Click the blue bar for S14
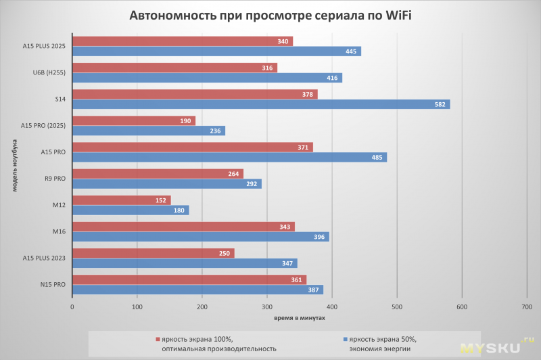(x=260, y=104)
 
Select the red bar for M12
(x=121, y=200)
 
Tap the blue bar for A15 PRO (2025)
(x=148, y=131)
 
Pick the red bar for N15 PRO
(x=189, y=279)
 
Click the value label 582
(x=440, y=104)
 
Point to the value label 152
(x=161, y=200)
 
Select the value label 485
(x=377, y=158)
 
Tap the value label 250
(x=225, y=253)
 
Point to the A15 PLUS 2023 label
(x=43, y=258)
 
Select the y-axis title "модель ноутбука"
(x=14, y=165)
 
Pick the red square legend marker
(x=157, y=339)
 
